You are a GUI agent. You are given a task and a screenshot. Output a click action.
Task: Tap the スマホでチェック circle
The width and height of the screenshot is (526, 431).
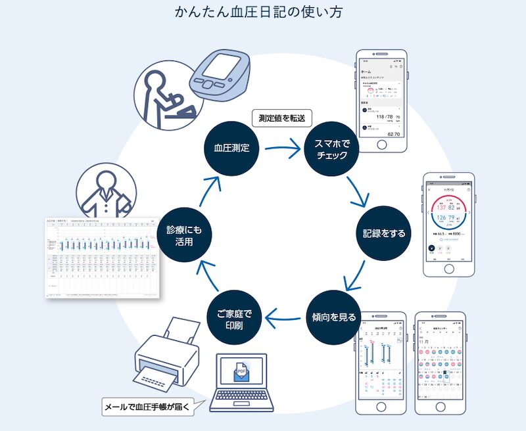point(332,148)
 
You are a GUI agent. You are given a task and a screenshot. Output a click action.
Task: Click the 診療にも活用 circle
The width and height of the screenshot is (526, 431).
point(183,233)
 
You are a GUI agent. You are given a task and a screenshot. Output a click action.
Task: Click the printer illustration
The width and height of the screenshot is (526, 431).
point(166,355)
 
